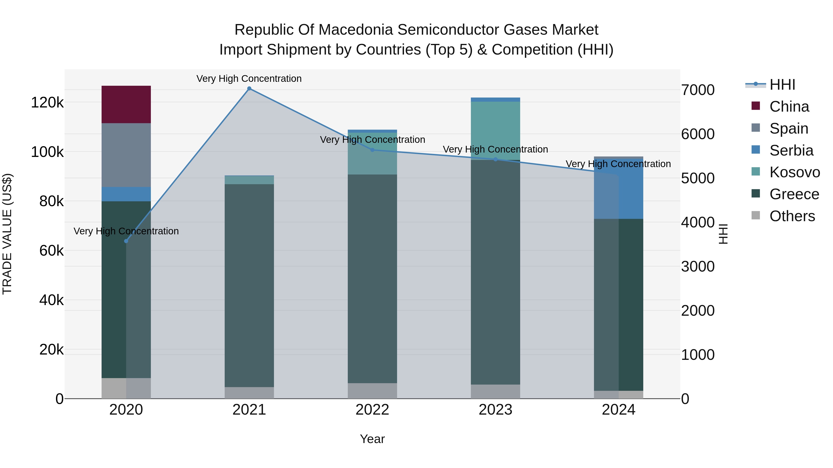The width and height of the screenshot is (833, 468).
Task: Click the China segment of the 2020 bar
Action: click(x=126, y=104)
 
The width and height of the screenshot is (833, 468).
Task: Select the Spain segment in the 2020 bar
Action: click(x=126, y=155)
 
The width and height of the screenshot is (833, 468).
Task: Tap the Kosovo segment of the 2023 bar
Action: click(x=495, y=131)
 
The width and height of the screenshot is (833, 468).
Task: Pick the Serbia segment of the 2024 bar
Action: click(x=618, y=189)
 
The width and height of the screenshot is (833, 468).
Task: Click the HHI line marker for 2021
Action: click(x=249, y=89)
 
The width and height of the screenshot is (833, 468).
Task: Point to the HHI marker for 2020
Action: click(x=126, y=241)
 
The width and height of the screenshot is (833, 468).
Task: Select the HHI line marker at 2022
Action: click(x=372, y=150)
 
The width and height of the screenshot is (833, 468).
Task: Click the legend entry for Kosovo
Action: click(x=794, y=172)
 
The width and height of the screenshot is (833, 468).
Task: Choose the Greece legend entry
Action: click(x=794, y=194)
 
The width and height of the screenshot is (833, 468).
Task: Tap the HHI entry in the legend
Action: click(x=782, y=85)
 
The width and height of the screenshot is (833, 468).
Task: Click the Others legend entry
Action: click(x=792, y=216)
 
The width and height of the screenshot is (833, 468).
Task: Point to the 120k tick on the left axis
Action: click(x=47, y=103)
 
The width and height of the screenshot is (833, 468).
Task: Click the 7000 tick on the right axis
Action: click(x=697, y=90)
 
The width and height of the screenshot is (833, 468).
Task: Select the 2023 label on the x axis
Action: click(x=495, y=410)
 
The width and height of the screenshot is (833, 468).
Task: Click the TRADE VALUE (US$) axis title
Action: click(x=7, y=234)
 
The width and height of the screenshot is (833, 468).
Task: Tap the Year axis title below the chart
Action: click(x=372, y=439)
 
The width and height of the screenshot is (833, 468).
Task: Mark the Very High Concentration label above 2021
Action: click(x=249, y=79)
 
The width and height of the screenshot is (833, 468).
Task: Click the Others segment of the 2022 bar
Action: click(x=372, y=391)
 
